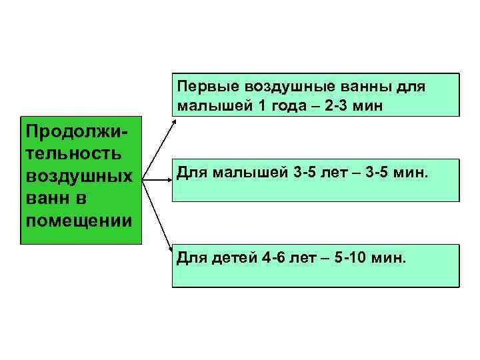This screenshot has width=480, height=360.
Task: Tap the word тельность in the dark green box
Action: (x=73, y=154)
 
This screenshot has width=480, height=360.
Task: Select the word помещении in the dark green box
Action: (x=77, y=220)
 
